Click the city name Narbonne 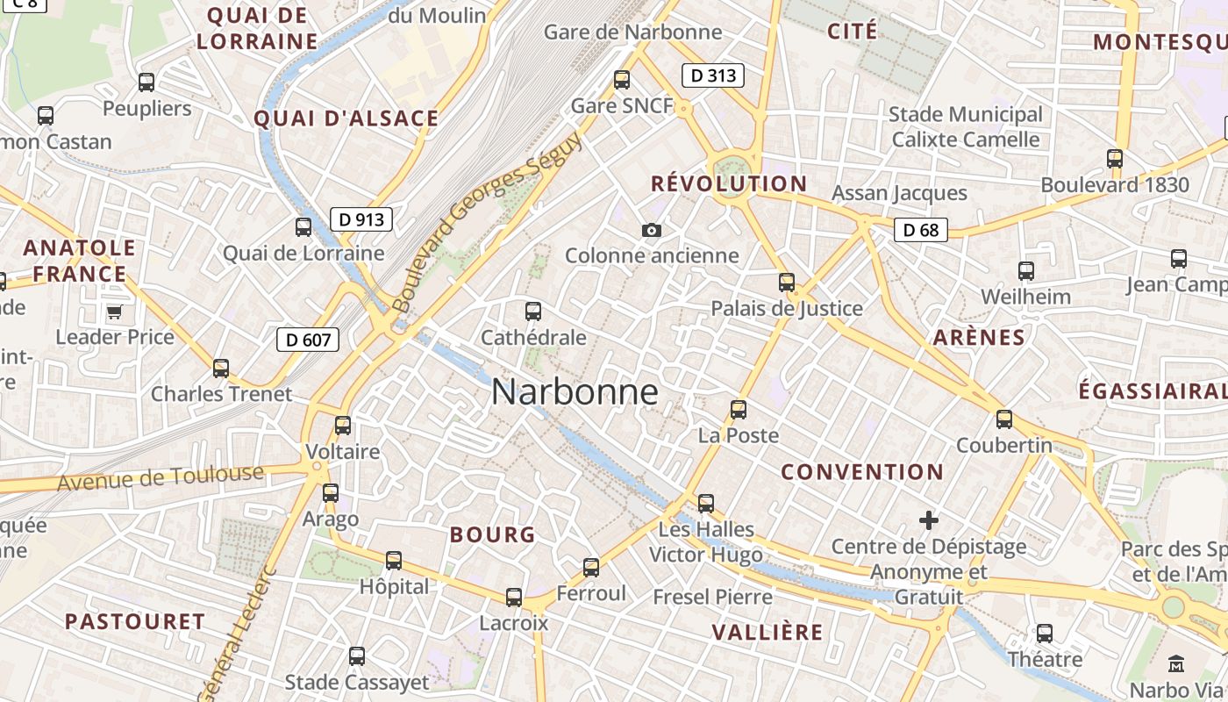point(575,391)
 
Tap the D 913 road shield point(361,219)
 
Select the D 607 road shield point(308,339)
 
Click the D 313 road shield point(713,75)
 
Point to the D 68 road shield point(921,230)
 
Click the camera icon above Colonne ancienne point(651,230)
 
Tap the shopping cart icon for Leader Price point(114,312)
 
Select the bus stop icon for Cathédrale point(532,311)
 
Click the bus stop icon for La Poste point(739,409)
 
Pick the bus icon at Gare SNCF point(622,80)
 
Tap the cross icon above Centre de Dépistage point(929,520)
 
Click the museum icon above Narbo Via point(1177,663)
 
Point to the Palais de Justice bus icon point(787,283)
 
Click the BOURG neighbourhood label point(492,534)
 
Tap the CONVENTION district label point(862,471)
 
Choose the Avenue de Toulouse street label point(161,478)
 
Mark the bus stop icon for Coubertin point(1004,419)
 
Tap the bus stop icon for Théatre point(1044,634)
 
